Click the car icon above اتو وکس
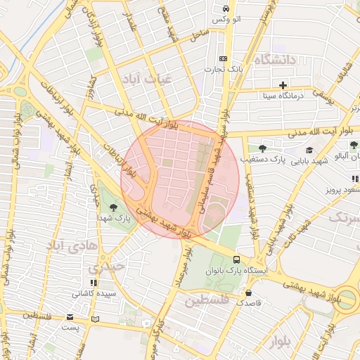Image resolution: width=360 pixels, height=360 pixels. pyautogui.click(x=224, y=8)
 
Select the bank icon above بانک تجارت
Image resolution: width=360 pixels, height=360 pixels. pyautogui.click(x=223, y=58)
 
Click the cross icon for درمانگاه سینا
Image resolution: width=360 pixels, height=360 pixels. pyautogui.click(x=283, y=85)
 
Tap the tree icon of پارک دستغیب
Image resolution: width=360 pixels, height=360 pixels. pyautogui.click(x=262, y=148)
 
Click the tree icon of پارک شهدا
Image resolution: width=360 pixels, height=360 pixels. pyautogui.click(x=113, y=207)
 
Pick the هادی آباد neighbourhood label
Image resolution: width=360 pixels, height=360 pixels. pyautogui.click(x=66, y=245)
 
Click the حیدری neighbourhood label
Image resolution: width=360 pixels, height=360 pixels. pyautogui.click(x=105, y=268)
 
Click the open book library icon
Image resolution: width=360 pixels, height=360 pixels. pyautogui.click(x=96, y=319)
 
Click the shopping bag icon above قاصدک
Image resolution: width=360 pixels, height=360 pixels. pyautogui.click(x=248, y=292)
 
